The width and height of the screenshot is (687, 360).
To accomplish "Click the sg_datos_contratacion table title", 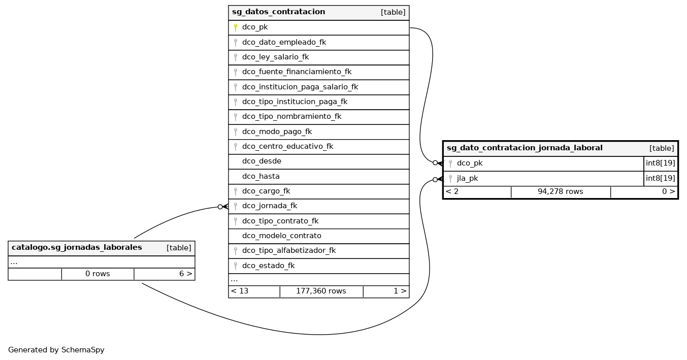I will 278,12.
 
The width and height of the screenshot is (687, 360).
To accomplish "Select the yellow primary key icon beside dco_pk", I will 236,27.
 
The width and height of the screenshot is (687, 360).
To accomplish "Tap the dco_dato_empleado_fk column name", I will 284,42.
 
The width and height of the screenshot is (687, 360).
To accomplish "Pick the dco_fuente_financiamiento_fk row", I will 297,72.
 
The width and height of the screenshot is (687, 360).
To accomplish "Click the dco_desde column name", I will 261,161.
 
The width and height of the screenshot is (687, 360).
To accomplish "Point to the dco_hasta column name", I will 260,176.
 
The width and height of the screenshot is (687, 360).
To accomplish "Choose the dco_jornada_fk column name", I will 269,206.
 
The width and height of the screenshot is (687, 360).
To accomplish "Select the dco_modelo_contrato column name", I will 281,236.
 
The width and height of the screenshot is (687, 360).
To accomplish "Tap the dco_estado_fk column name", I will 268,266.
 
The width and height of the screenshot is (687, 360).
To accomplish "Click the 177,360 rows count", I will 321,291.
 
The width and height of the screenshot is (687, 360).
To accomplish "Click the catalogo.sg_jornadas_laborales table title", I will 77,248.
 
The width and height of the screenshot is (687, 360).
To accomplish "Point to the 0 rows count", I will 97,274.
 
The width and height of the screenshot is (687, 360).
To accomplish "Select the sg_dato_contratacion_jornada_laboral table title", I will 525,148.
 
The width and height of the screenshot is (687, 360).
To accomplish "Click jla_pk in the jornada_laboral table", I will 467,178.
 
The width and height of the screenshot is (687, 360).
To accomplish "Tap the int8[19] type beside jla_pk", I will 660,178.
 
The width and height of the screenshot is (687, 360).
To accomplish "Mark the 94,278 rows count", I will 560,192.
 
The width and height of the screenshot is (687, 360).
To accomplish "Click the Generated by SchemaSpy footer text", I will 56,350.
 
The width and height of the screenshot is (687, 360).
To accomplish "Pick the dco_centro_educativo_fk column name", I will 287,146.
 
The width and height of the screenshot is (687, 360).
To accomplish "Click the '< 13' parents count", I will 240,291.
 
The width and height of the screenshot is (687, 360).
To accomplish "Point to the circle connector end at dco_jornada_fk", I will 220,207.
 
